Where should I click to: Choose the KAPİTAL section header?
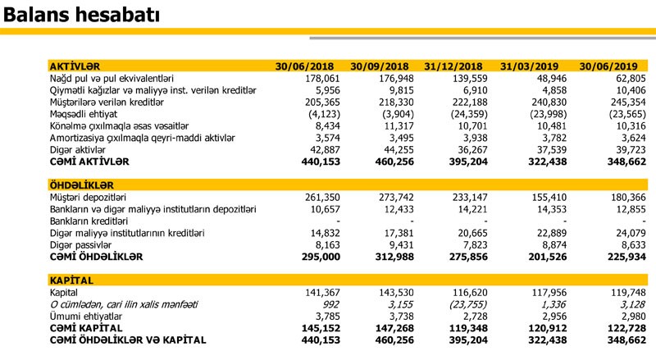click(x=69, y=280)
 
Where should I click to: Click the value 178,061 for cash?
click(x=313, y=78)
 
